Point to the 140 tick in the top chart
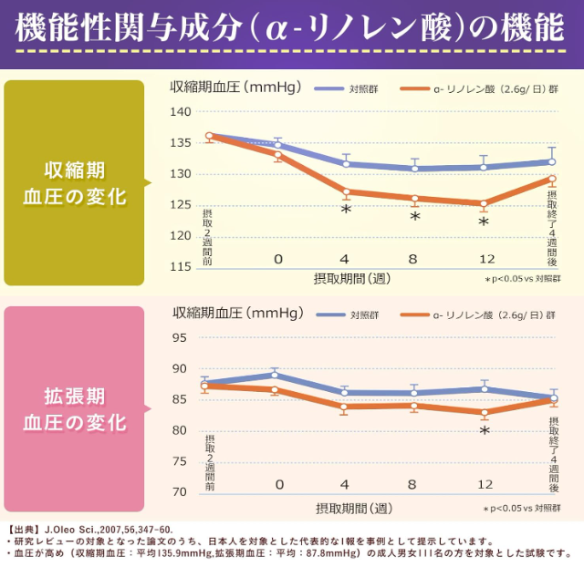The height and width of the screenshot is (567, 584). click(x=181, y=111)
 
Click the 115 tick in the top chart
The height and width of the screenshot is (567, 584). click(x=181, y=266)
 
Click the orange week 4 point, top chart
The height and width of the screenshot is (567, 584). click(x=346, y=191)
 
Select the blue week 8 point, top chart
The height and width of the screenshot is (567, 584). click(x=414, y=169)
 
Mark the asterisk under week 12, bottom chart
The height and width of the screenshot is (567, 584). click(x=485, y=432)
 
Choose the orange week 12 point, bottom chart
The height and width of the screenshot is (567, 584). click(x=485, y=412)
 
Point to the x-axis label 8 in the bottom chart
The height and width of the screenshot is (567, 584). click(x=413, y=484)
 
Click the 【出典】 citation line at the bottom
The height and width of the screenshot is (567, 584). click(x=91, y=529)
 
